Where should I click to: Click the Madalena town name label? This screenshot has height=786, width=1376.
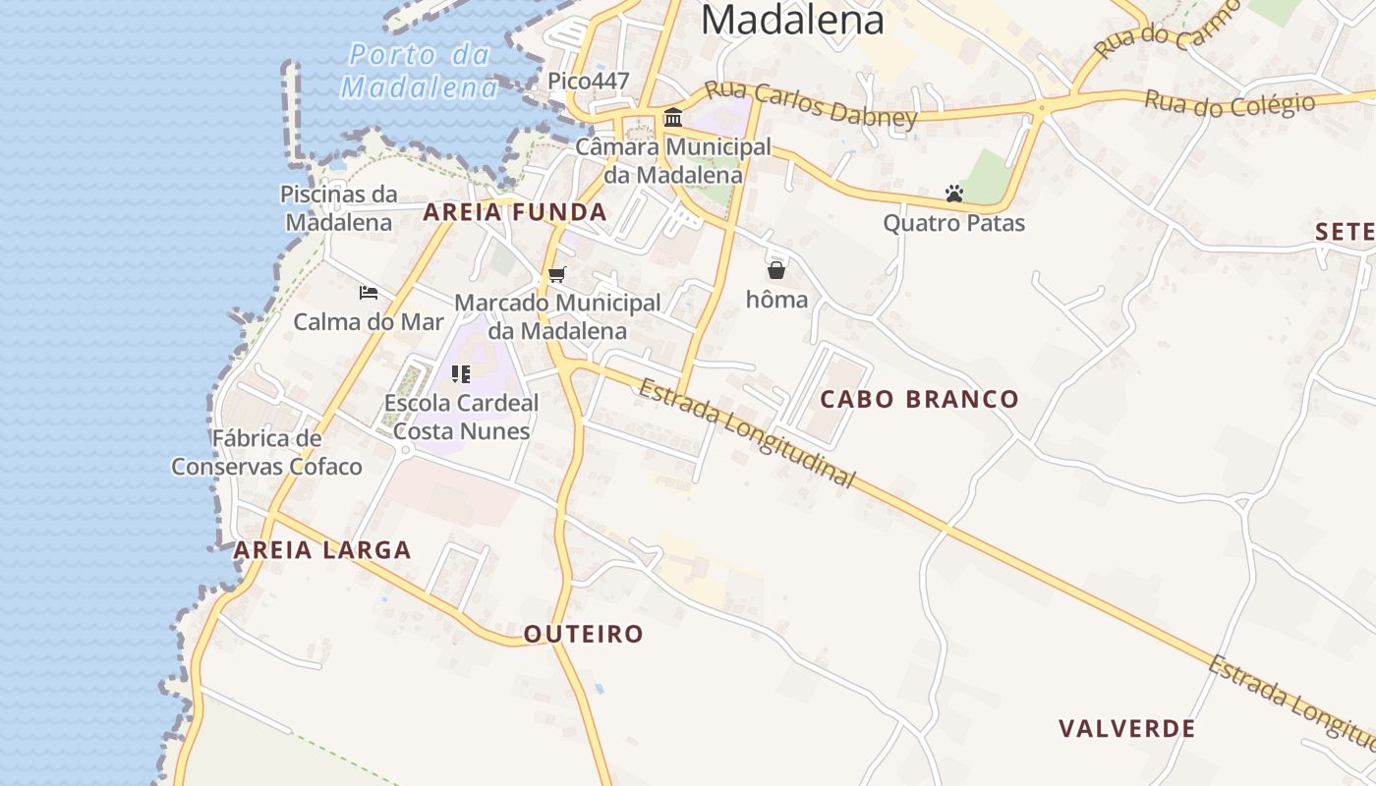coord(792,20)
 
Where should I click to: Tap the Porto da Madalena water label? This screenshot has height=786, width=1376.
coord(420,71)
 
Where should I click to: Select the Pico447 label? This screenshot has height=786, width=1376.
coord(588,82)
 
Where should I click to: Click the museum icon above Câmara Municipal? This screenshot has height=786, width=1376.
coord(673,118)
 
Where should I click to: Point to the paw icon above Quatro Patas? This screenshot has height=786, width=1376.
coord(953,194)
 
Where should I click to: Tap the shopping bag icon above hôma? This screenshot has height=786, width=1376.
coord(776,270)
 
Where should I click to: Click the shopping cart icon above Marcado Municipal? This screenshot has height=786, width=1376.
coord(557,274)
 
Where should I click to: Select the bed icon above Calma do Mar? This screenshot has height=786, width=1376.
coord(369,293)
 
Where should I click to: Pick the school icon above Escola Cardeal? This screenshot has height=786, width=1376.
coord(461,373)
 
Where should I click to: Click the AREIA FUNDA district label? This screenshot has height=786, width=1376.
coord(514,212)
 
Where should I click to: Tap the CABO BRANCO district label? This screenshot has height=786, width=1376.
coord(919,399)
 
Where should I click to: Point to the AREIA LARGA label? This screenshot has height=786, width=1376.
coord(322,550)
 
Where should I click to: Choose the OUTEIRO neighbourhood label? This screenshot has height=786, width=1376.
coord(583,635)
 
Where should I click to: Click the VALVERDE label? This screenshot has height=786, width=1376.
coord(1126,729)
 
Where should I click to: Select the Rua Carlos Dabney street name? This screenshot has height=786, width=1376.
coord(811,104)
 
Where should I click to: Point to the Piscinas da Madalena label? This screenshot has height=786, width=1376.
coord(339,208)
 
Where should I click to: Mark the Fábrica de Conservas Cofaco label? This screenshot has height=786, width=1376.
coord(266,453)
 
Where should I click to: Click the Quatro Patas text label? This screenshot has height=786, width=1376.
coord(953,224)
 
